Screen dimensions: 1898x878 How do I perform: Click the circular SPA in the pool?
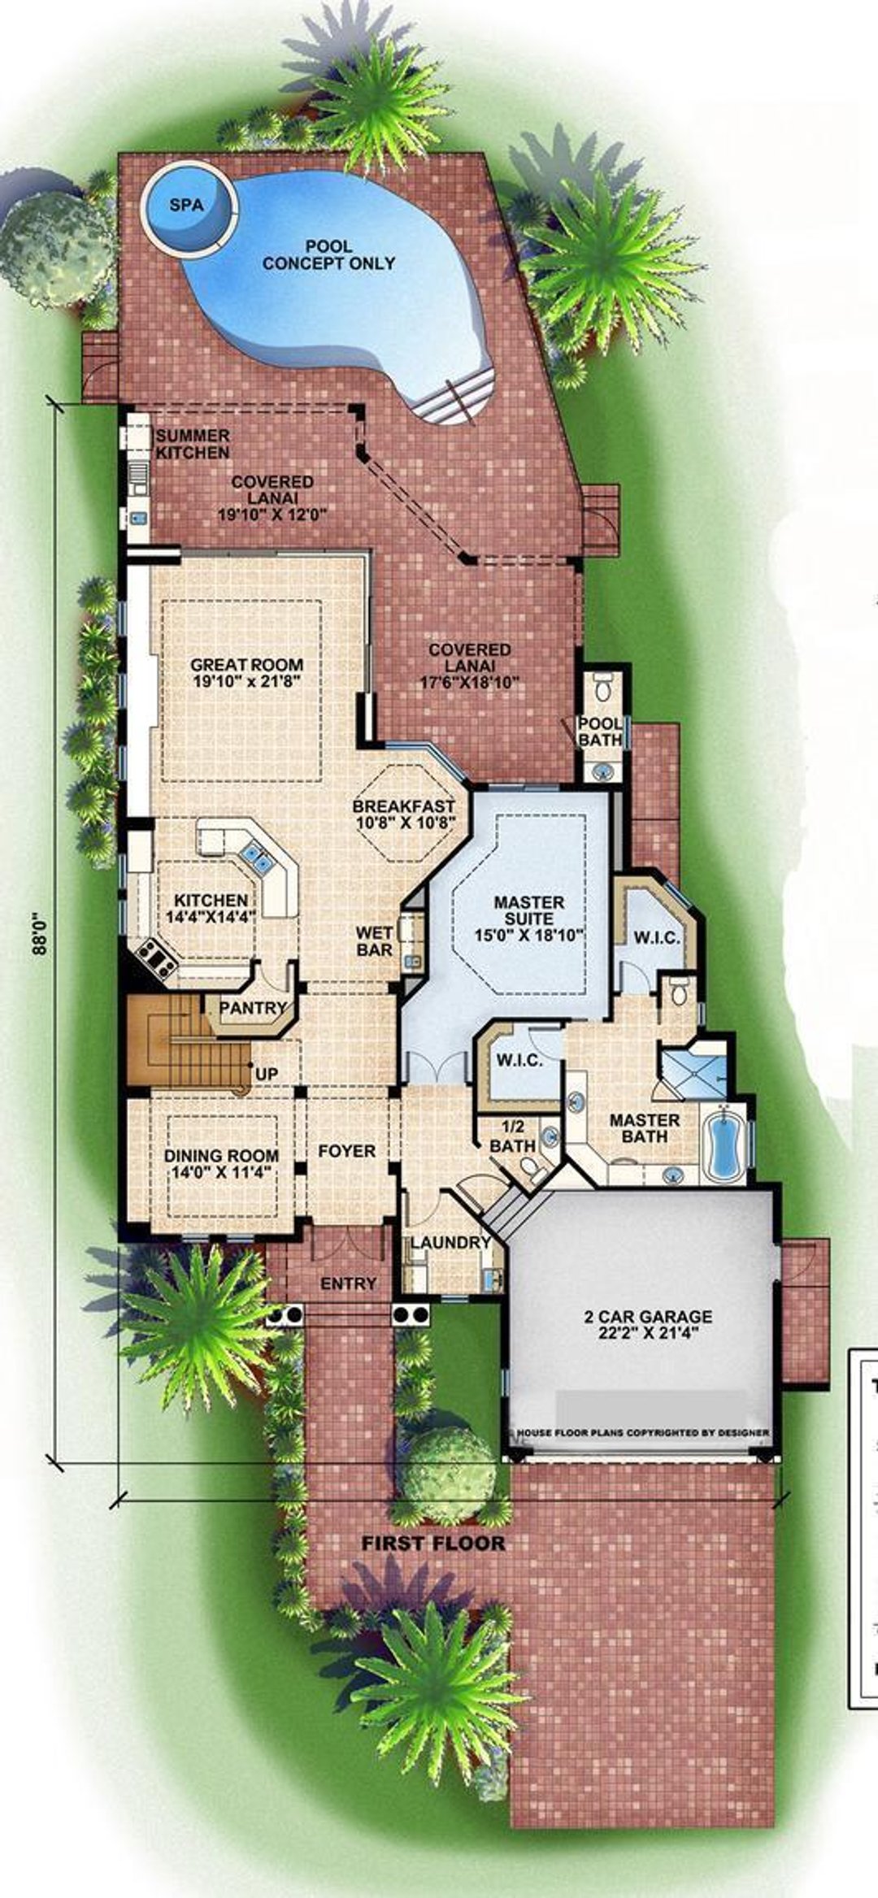pyautogui.click(x=188, y=206)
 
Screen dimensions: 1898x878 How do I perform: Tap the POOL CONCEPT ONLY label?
pyautogui.click(x=328, y=254)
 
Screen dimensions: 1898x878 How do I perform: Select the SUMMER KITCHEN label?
pyautogui.click(x=193, y=444)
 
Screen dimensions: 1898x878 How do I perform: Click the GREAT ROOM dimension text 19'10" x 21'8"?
pyautogui.click(x=247, y=682)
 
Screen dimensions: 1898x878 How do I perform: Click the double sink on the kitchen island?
pyautogui.click(x=254, y=858)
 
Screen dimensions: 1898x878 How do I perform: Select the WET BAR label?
pyautogui.click(x=374, y=941)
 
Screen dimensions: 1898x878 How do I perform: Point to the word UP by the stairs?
pyautogui.click(x=267, y=1074)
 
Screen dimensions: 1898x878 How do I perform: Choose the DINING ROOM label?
pyautogui.click(x=221, y=1155)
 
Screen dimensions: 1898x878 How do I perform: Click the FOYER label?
pyautogui.click(x=347, y=1151)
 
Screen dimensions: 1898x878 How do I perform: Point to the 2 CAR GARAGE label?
pyautogui.click(x=648, y=1316)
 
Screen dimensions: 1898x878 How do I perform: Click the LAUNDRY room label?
pyautogui.click(x=450, y=1243)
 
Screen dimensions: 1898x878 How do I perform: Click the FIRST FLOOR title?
pyautogui.click(x=433, y=1544)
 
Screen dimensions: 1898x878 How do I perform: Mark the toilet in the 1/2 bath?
pyautogui.click(x=533, y=1169)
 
